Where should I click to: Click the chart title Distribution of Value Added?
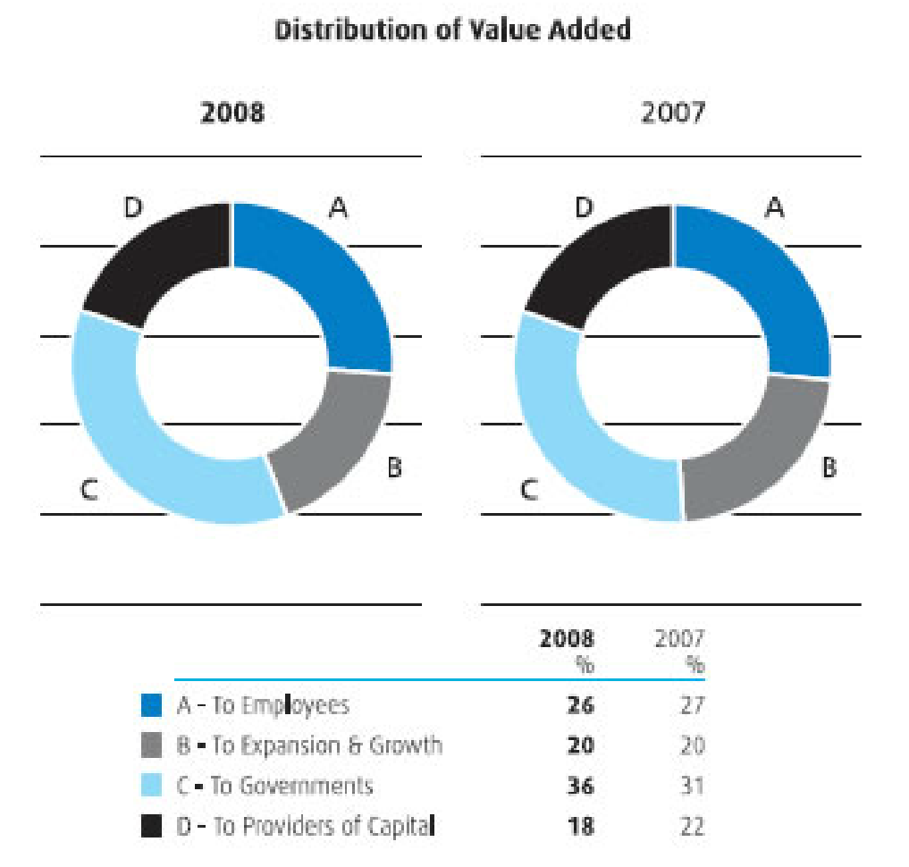point(452,29)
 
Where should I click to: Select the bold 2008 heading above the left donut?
point(231,114)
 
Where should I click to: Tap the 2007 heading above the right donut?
point(671,114)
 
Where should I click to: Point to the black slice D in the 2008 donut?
point(156,259)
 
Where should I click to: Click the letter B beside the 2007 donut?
point(829,467)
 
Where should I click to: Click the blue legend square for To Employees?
point(152,705)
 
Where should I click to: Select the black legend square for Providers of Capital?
point(152,826)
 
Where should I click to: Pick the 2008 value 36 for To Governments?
point(580,786)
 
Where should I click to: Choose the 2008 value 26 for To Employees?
point(580,705)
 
